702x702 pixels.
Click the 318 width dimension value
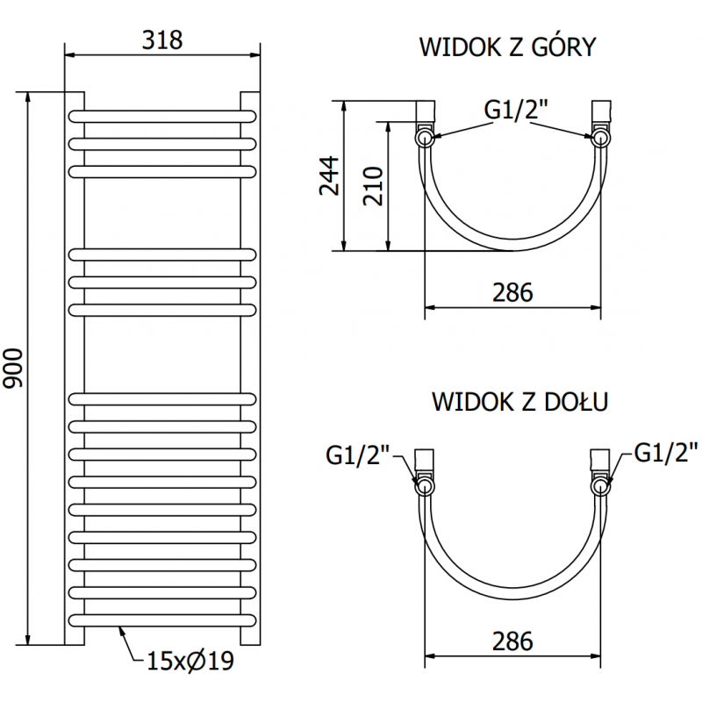tap(163, 40)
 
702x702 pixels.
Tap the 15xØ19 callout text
tap(189, 659)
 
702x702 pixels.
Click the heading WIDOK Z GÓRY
tap(508, 47)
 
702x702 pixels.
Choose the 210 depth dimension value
tap(372, 185)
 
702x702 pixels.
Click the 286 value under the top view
tap(512, 292)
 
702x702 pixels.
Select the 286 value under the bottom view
tap(512, 641)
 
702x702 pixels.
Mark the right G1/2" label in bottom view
tap(664, 454)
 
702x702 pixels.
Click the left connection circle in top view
tap(425, 137)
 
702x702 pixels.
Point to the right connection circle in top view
tap(601, 137)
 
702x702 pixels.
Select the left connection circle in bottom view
tap(425, 486)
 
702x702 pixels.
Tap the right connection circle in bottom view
tap(601, 486)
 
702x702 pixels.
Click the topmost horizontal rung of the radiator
tap(163, 116)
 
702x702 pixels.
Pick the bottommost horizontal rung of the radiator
tap(163, 619)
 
